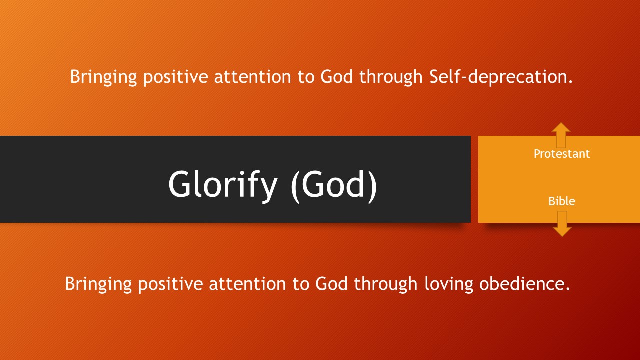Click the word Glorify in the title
[x=223, y=185]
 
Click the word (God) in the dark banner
[x=334, y=185]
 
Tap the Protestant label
[x=561, y=154]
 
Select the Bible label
[x=561, y=201]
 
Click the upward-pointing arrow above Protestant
[x=561, y=135]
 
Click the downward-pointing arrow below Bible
[x=562, y=224]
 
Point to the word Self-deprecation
[x=501, y=77]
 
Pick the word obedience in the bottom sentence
[x=524, y=284]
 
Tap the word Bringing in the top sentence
[x=103, y=77]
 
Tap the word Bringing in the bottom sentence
[x=98, y=284]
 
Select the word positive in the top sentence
[x=175, y=77]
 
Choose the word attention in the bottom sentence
[x=247, y=284]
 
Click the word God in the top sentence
[x=336, y=77]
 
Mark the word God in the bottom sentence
[x=331, y=284]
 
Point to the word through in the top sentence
[x=391, y=77]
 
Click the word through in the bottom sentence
[x=386, y=284]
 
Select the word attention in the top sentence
[x=253, y=77]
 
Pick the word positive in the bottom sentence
[x=170, y=285]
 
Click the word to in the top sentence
[x=306, y=77]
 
